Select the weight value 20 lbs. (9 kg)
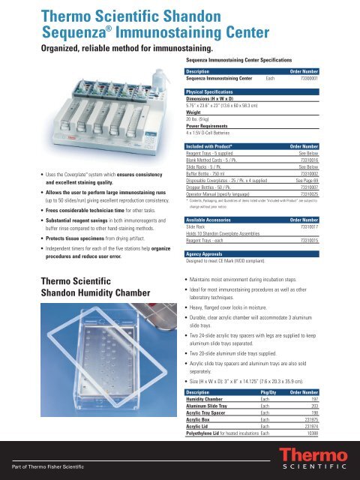(x=199, y=118)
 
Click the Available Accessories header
(x=213, y=218)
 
